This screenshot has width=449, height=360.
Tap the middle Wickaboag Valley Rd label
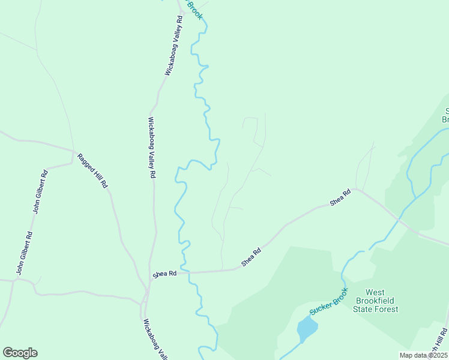152,147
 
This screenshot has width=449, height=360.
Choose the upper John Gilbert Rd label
40,193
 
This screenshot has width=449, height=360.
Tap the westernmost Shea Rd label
164,274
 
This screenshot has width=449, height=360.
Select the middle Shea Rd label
251,257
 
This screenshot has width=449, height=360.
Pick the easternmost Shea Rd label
340,199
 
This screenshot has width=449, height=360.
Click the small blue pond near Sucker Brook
307,329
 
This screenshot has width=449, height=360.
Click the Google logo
20,353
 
